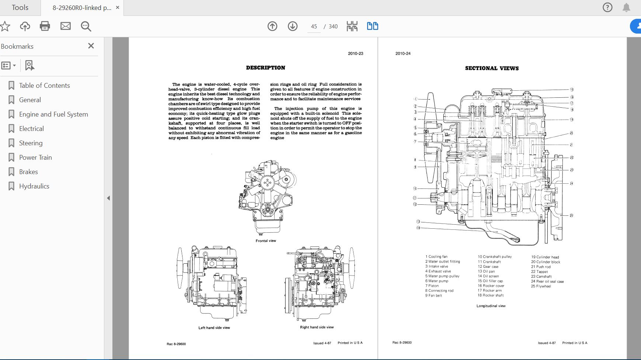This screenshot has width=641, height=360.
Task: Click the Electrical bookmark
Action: [31, 129]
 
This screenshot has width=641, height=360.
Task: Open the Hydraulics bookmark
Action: [34, 186]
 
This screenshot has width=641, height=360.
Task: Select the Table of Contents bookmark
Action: [44, 86]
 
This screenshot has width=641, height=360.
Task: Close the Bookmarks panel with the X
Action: [91, 46]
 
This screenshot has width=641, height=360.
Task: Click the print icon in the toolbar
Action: [45, 26]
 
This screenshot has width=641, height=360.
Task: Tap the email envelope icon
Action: [66, 26]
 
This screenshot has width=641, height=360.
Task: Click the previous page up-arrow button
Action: [272, 26]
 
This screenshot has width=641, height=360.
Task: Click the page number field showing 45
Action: [314, 27]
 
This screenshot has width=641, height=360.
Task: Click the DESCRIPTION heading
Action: [265, 68]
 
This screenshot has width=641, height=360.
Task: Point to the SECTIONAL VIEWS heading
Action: [492, 68]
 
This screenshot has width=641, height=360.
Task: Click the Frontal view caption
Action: [266, 241]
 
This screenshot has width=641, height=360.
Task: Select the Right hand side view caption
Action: [317, 327]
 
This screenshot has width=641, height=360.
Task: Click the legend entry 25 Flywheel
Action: [541, 286]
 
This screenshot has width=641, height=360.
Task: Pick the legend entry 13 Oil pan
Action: [486, 271]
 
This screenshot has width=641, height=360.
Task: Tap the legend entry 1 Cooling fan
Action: [436, 257]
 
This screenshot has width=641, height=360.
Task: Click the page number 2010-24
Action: [403, 53]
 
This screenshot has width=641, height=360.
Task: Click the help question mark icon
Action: [607, 7]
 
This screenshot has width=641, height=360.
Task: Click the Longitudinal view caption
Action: [491, 306]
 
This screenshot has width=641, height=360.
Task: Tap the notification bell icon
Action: [626, 7]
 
